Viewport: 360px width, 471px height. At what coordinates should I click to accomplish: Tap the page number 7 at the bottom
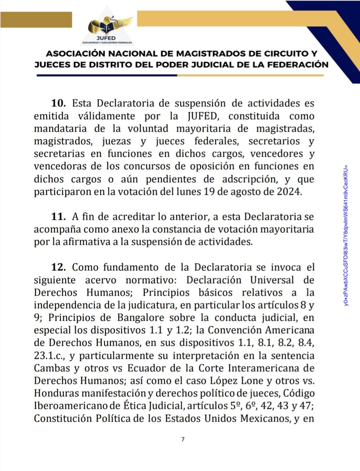pos(182,439)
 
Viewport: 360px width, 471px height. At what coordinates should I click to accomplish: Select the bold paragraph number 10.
pos(59,103)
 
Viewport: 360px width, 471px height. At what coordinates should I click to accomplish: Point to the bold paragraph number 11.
pos(59,217)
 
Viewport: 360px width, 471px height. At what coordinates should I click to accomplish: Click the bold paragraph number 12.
pos(59,267)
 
